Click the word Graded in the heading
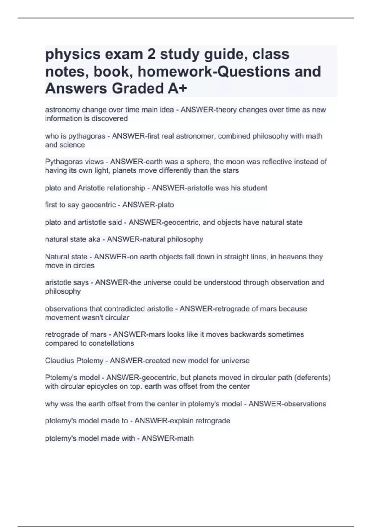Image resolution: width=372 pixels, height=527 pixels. click(137, 89)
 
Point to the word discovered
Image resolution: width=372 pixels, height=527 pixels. click(110, 118)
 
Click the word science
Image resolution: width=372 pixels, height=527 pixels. click(73, 145)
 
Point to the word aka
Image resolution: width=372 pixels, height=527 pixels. click(95, 239)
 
